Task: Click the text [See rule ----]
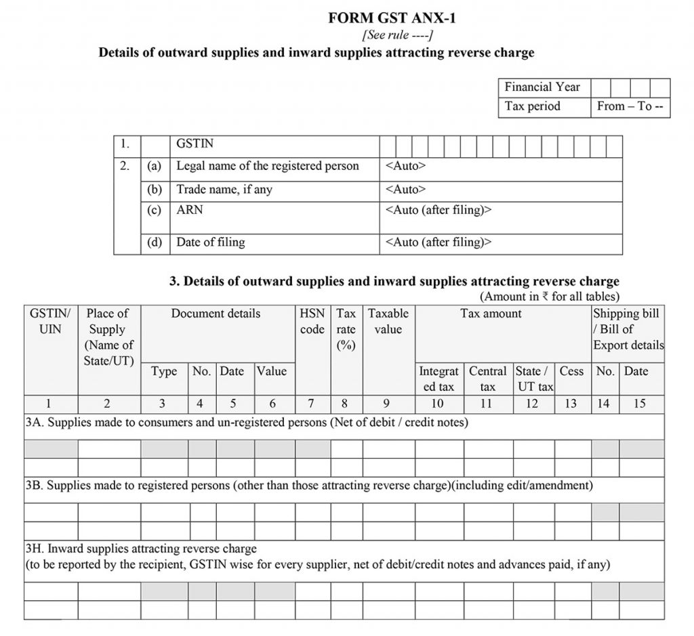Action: (x=397, y=35)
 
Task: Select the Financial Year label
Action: (x=542, y=87)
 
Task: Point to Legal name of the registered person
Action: (x=268, y=166)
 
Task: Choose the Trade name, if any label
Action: (x=224, y=190)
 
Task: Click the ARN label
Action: (x=190, y=210)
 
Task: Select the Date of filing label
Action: (x=211, y=242)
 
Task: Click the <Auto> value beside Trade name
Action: (x=405, y=190)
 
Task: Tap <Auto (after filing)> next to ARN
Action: (x=438, y=210)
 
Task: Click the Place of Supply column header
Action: (x=108, y=337)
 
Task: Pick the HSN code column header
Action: (x=312, y=322)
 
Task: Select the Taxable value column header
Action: (x=388, y=322)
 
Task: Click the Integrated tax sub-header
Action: (x=438, y=379)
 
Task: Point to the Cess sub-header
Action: (x=571, y=371)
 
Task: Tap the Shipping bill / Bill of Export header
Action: (x=628, y=329)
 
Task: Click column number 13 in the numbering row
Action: (x=571, y=404)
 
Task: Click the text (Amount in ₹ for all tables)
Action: (x=549, y=296)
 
